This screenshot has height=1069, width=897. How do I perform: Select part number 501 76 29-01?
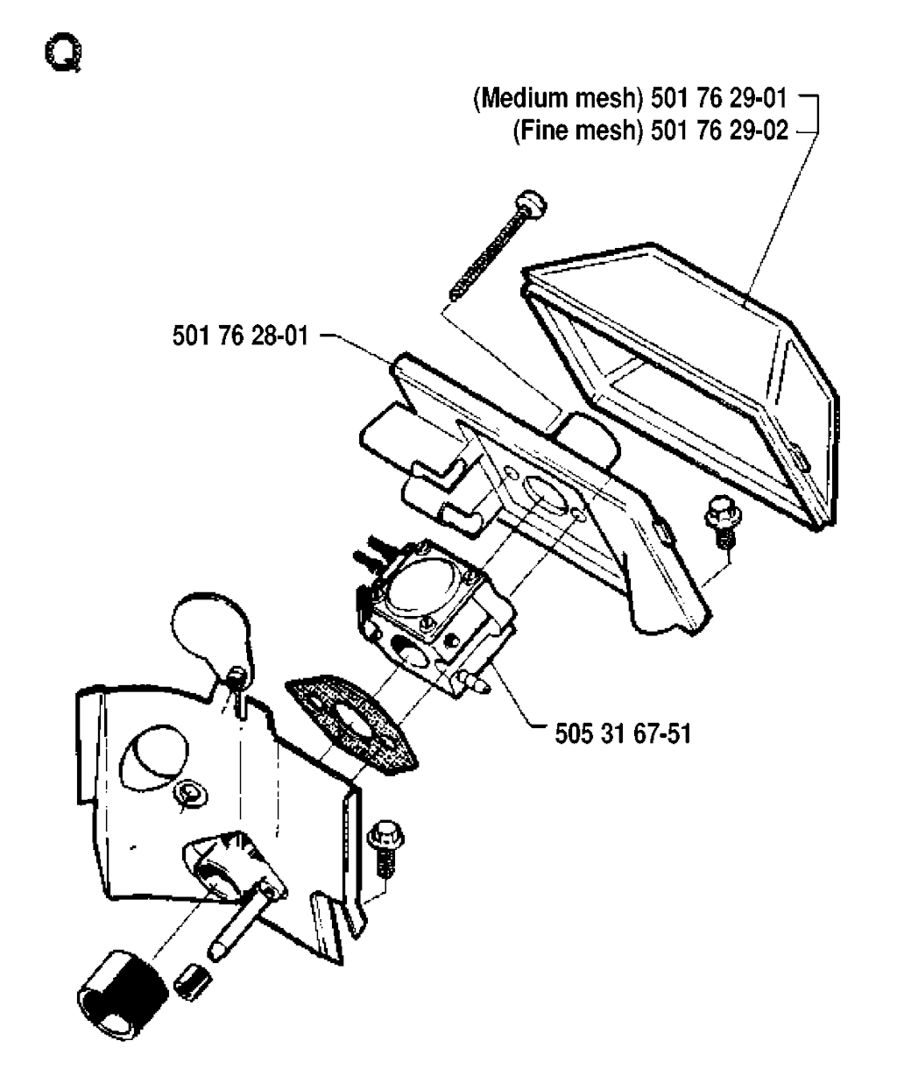coord(719,98)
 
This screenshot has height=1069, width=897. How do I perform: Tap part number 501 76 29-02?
coord(719,131)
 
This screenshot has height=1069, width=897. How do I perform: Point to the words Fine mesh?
coord(578,131)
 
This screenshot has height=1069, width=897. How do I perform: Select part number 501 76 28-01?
coord(241,336)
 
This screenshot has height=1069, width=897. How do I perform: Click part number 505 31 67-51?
coord(623,733)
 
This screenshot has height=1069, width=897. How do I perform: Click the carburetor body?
coord(435,614)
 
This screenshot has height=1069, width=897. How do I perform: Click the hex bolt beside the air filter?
coord(723,521)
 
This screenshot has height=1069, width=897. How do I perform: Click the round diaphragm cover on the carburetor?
coord(426,588)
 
